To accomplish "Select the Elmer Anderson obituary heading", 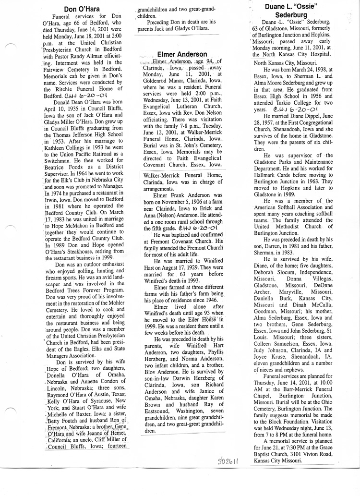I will tap(182, 54).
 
